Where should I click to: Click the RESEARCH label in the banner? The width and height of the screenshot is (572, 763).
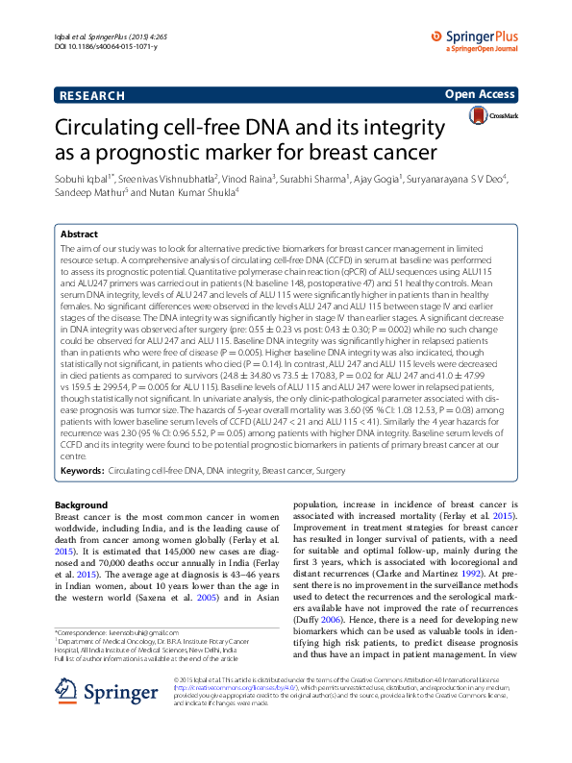pyautogui.click(x=91, y=95)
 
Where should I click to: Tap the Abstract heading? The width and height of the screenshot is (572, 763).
pyautogui.click(x=79, y=234)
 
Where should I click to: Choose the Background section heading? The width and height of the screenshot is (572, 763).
pyautogui.click(x=81, y=505)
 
